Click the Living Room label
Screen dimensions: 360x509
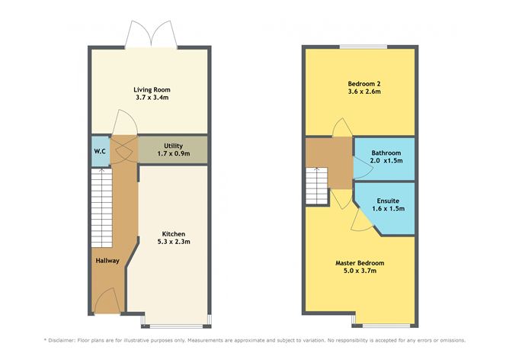click(149, 89)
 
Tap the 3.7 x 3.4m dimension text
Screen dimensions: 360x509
click(149, 98)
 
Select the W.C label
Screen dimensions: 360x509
click(100, 150)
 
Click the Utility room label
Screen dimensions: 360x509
click(172, 145)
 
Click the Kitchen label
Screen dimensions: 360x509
click(174, 233)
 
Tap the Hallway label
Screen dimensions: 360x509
click(107, 261)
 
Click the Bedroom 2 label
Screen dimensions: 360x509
click(360, 82)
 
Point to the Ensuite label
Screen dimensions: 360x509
click(389, 200)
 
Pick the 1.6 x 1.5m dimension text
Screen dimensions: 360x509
click(389, 208)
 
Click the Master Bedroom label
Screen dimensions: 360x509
click(360, 263)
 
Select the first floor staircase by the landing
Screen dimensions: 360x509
click(317, 185)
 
